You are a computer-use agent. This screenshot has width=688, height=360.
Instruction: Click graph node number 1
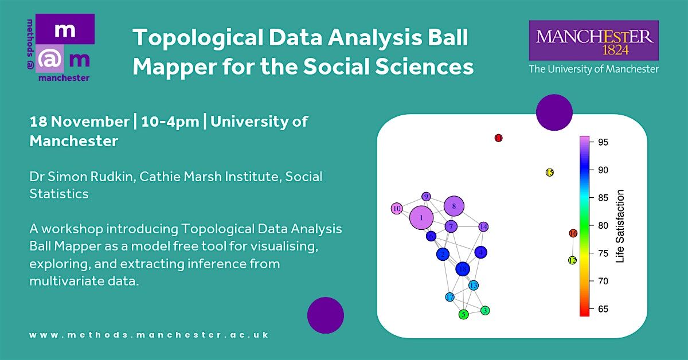pyautogui.click(x=421, y=218)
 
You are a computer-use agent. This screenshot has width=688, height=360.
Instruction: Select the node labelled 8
pyautogui.click(x=454, y=206)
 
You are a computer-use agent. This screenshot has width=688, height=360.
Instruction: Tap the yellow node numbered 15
pyautogui.click(x=550, y=173)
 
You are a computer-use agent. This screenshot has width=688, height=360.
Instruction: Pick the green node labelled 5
pyautogui.click(x=464, y=315)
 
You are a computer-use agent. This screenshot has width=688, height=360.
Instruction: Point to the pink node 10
pyautogui.click(x=397, y=209)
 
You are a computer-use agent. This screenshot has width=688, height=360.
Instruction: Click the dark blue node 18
pyautogui.click(x=463, y=269)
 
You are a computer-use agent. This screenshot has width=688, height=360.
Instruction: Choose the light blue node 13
pyautogui.click(x=474, y=285)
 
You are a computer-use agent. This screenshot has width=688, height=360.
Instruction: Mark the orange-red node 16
pyautogui.click(x=573, y=233)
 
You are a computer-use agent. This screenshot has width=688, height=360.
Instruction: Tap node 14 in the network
pyautogui.click(x=483, y=226)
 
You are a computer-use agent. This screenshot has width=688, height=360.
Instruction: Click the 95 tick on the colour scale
pyautogui.click(x=603, y=142)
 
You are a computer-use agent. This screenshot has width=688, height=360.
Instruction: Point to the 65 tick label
pyautogui.click(x=603, y=309)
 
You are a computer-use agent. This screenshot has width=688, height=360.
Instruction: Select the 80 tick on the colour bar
pyautogui.click(x=603, y=225)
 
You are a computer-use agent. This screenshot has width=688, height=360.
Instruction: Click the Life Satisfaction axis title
pyautogui.click(x=620, y=226)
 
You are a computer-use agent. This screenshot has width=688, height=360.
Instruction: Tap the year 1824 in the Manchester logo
pyautogui.click(x=616, y=50)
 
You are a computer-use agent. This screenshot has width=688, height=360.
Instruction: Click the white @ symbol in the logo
pyautogui.click(x=49, y=59)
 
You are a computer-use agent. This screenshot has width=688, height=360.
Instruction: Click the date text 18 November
pyautogui.click(x=79, y=122)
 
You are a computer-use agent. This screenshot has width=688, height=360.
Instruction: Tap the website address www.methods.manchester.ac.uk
pyautogui.click(x=149, y=335)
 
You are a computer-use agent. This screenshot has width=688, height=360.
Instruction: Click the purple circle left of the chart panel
pyautogui.click(x=326, y=315)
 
